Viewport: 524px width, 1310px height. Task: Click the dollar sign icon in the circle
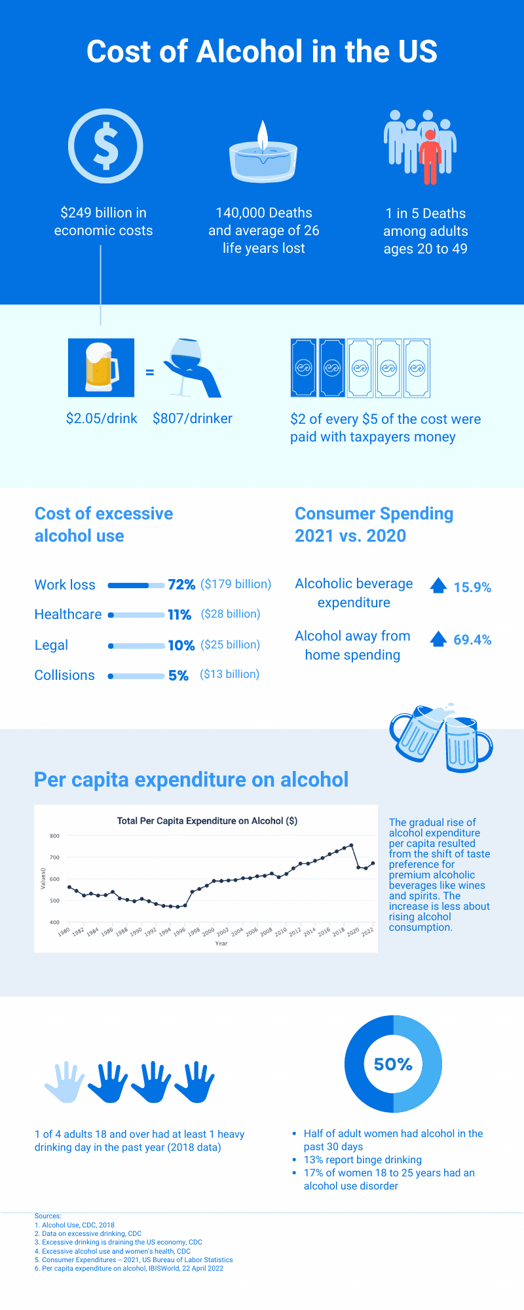[x=105, y=145]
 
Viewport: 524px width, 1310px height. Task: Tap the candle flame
[x=263, y=136]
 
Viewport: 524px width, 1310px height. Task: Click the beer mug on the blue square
[x=102, y=367]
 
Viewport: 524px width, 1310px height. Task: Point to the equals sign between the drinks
[x=149, y=372]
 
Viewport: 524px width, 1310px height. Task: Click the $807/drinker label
[x=193, y=419]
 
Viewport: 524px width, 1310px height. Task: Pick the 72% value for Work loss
[x=181, y=584]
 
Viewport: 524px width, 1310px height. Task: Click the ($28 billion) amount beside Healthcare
[x=231, y=614]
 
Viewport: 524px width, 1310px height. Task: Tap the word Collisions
[x=64, y=675]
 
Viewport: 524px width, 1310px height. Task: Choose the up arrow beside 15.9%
[x=438, y=586]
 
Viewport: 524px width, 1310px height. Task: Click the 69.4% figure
[x=472, y=639]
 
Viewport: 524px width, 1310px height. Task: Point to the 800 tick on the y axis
[x=54, y=836]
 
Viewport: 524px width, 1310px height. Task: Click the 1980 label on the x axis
[x=64, y=931]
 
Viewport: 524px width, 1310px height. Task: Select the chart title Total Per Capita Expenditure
[x=207, y=821]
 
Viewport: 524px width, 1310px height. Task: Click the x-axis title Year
[x=221, y=943]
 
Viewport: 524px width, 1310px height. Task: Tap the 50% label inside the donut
[x=393, y=1064]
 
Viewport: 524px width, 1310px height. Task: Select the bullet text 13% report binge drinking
[x=362, y=1159]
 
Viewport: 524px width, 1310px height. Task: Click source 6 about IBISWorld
[x=129, y=1268]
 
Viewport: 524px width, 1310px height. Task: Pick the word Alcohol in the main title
[x=250, y=52]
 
